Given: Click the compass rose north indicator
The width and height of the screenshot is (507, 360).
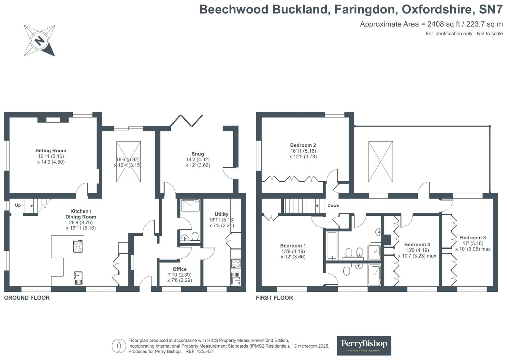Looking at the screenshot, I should point(39,41).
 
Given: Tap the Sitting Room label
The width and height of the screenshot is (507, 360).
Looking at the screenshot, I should point(51,151).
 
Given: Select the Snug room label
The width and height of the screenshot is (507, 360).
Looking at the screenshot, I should point(197,154).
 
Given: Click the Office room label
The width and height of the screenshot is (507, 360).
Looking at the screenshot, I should point(180,269).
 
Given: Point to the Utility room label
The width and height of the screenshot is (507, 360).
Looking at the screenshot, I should point(221,214).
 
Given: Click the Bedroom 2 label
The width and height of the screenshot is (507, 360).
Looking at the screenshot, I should point(303,145).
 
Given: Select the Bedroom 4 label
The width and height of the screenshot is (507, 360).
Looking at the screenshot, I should point(417,245).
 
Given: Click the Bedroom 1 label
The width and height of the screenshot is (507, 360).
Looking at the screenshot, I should point(293,246).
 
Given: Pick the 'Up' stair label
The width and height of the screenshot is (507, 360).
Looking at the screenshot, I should point(18,205).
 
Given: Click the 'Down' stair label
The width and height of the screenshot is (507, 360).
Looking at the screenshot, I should point(333,205).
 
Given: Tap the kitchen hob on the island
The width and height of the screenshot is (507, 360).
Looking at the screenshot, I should point(78,246).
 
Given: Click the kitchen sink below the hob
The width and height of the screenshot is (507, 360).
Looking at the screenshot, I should point(78,278).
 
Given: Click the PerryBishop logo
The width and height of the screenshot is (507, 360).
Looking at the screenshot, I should point(364,345).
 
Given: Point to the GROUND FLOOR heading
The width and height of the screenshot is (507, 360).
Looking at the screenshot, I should point(27,298).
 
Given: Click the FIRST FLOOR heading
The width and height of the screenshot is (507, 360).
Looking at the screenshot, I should point(274,298).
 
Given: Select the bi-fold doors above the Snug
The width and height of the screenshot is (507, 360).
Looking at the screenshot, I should point(186,121).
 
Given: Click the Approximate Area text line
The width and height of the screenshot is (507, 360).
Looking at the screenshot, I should point(431,24).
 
